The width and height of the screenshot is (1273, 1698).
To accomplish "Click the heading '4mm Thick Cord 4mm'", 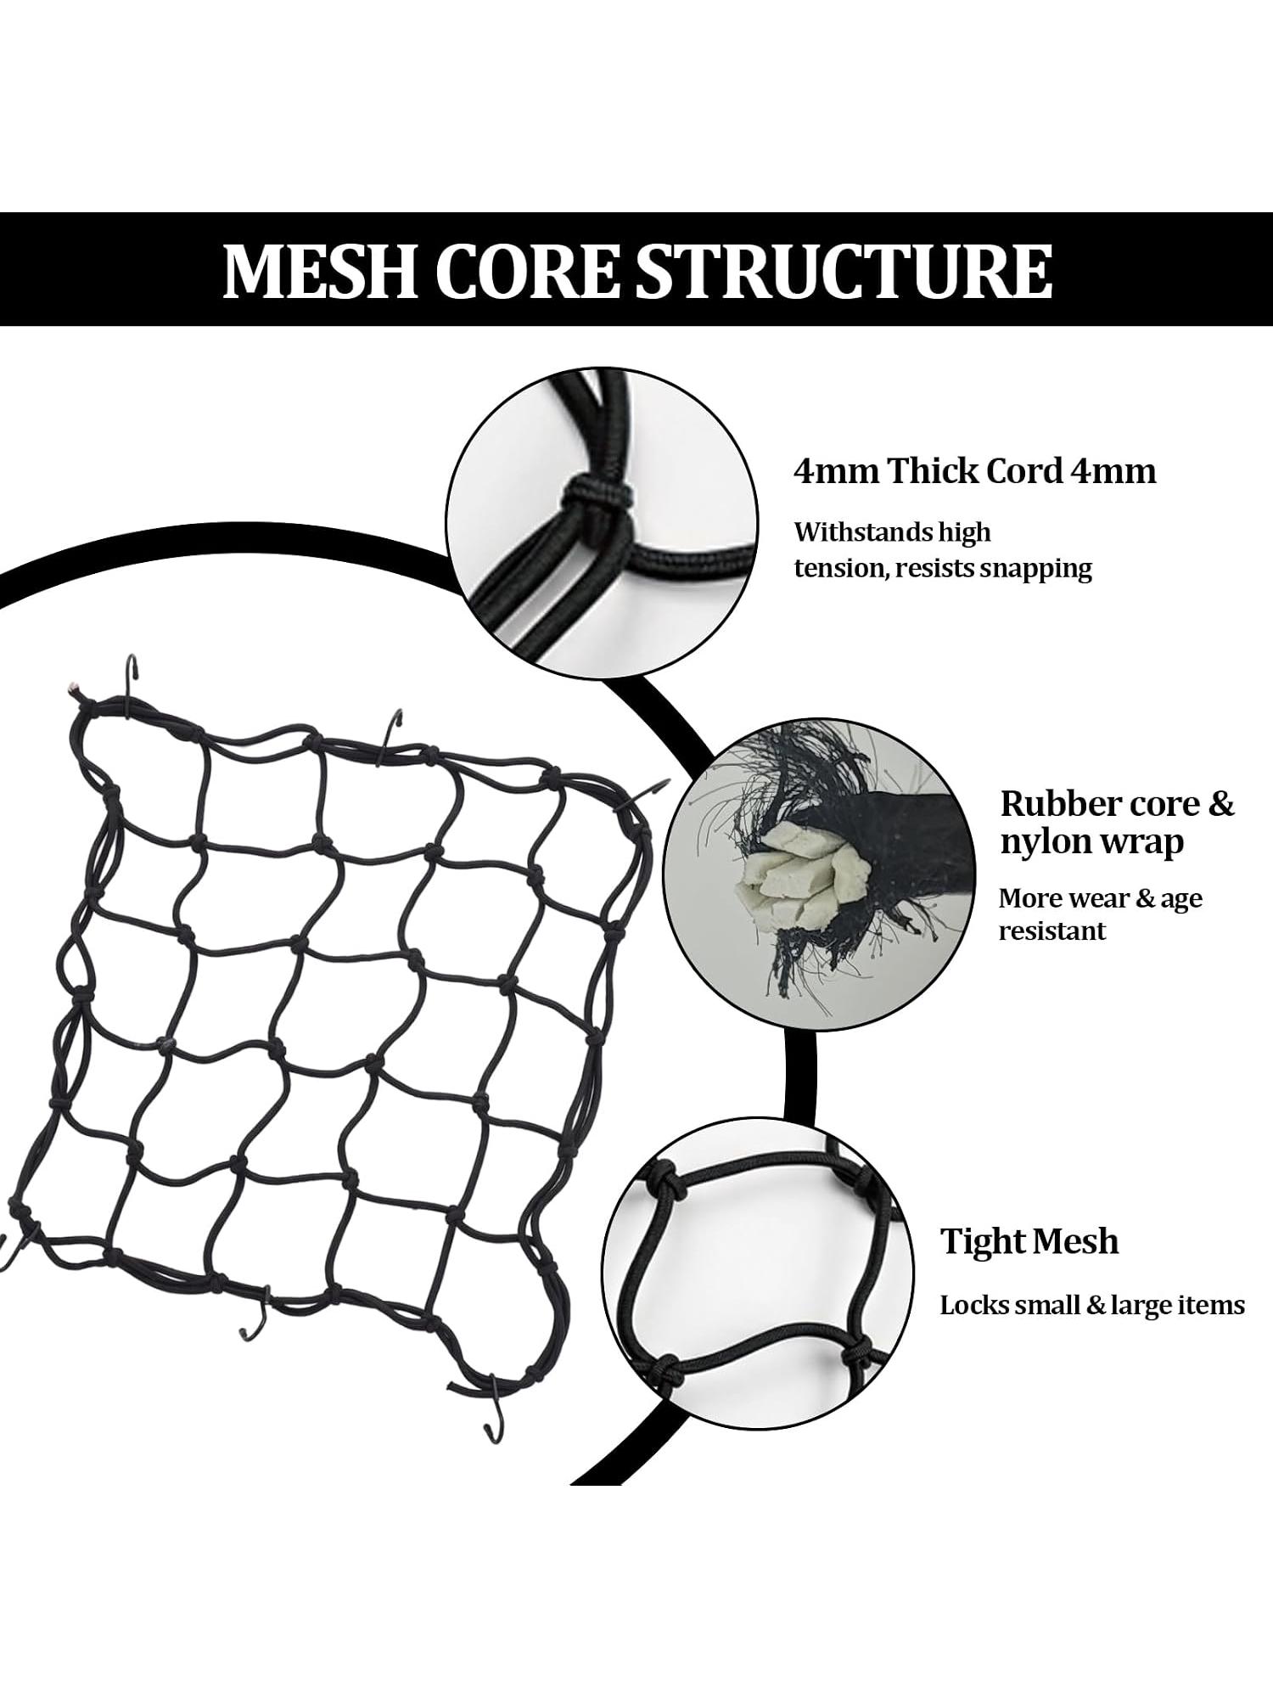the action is pos(975,470).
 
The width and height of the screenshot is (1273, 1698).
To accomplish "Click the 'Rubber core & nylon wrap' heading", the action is pos(1117,822).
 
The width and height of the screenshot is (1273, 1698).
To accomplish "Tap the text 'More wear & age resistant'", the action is pos(1101,914).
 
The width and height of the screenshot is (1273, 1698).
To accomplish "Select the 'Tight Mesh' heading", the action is pos(1029,1241).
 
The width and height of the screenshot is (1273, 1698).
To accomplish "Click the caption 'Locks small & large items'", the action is pos(1092,1304).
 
